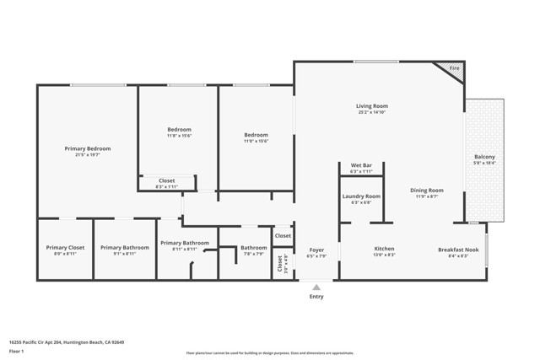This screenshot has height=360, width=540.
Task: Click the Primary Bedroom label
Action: (88, 148)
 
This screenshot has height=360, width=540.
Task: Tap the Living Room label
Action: (371, 106)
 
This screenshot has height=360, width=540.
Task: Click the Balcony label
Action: (484, 158)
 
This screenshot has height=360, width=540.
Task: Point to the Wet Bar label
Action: (361, 164)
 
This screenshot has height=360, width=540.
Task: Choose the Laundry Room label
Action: (361, 196)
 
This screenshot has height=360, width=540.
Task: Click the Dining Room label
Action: (427, 191)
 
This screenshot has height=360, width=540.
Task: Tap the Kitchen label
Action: (384, 249)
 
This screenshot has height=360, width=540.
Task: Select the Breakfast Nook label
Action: (458, 249)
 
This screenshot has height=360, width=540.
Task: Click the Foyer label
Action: (316, 250)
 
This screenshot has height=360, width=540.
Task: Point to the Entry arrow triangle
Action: (316, 287)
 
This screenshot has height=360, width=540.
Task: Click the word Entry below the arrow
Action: (316, 297)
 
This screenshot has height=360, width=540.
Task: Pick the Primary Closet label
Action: (65, 247)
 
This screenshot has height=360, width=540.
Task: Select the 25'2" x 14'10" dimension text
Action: (371, 112)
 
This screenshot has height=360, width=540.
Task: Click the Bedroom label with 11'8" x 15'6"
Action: (179, 129)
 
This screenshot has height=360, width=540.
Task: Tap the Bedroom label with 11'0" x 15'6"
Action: (256, 135)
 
